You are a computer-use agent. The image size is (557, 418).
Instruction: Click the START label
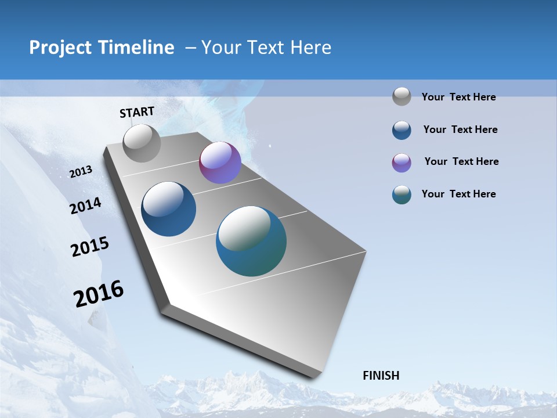pyautogui.click(x=137, y=112)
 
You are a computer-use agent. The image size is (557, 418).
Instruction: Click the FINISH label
pyautogui.click(x=381, y=376)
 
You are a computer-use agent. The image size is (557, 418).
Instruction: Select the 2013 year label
pyautogui.click(x=81, y=172)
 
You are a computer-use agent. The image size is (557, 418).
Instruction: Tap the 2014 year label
pyautogui.click(x=86, y=206)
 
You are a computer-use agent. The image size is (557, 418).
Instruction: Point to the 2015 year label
pyautogui.click(x=90, y=247)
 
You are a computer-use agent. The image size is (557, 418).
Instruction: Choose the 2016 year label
pyautogui.click(x=99, y=294)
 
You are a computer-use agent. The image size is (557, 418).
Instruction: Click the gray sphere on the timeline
pyautogui.click(x=142, y=143)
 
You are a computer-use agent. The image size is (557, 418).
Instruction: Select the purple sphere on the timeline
pyautogui.click(x=220, y=163)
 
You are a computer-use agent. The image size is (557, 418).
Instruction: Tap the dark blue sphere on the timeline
pyautogui.click(x=169, y=209)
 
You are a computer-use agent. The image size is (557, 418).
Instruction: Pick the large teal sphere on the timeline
pyautogui.click(x=251, y=241)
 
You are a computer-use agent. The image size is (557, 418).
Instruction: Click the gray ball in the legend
pyautogui.click(x=402, y=96)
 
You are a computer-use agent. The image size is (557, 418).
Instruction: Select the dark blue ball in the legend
pyautogui.click(x=402, y=130)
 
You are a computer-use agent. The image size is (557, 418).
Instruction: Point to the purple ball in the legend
pyautogui.click(x=402, y=163)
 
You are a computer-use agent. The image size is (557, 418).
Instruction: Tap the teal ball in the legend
pyautogui.click(x=402, y=194)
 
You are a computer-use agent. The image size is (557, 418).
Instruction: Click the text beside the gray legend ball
pyautogui.click(x=458, y=97)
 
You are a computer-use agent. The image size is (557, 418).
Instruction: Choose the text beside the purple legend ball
pyautogui.click(x=461, y=161)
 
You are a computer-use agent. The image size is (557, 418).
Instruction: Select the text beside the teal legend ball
pyautogui.click(x=458, y=194)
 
